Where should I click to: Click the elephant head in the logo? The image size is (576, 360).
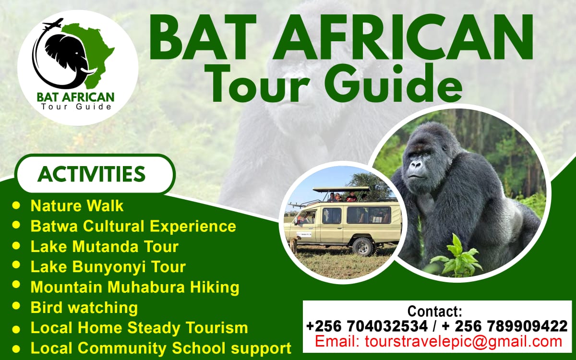click(67, 54)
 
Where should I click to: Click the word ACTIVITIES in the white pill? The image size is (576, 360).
click(91, 174)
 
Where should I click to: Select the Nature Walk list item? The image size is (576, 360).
click(77, 206)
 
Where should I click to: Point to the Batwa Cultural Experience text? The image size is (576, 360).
click(133, 226)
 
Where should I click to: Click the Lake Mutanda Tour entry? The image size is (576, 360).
click(104, 247)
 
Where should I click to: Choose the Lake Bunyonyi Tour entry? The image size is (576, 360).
click(108, 266)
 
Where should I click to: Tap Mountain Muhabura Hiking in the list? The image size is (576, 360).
click(134, 287)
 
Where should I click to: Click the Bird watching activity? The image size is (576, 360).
click(84, 307)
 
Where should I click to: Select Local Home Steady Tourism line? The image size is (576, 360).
click(139, 328)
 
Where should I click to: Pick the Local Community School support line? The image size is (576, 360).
click(161, 348)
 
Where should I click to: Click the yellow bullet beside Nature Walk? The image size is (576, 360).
click(17, 206)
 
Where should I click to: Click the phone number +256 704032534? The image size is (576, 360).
click(366, 326)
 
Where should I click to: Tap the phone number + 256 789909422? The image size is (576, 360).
click(504, 326)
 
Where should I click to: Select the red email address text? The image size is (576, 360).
click(438, 342)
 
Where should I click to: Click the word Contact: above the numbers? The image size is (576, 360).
click(434, 311)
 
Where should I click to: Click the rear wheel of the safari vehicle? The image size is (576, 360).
click(363, 246)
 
